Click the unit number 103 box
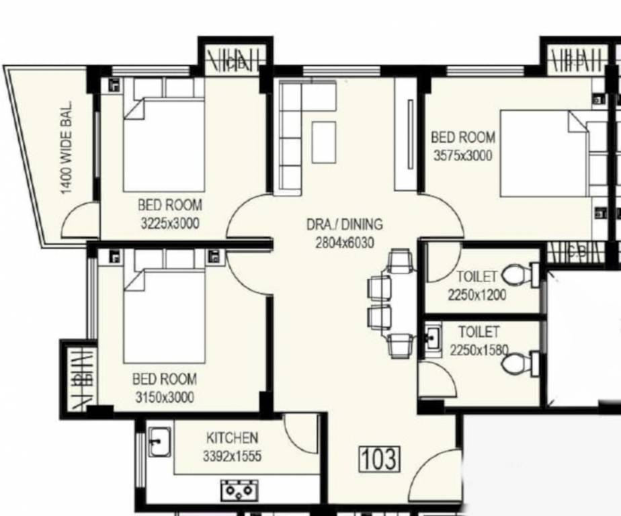379,459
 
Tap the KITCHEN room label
232,438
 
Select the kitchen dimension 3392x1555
233,457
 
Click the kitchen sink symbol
159,441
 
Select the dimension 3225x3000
169,223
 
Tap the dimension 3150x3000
164,397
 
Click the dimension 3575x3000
463,155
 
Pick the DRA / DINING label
344,224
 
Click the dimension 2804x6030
344,243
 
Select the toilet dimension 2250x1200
477,294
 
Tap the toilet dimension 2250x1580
479,349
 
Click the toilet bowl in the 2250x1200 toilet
517,274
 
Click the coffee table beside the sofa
323,141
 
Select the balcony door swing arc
79,221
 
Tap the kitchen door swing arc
302,433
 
